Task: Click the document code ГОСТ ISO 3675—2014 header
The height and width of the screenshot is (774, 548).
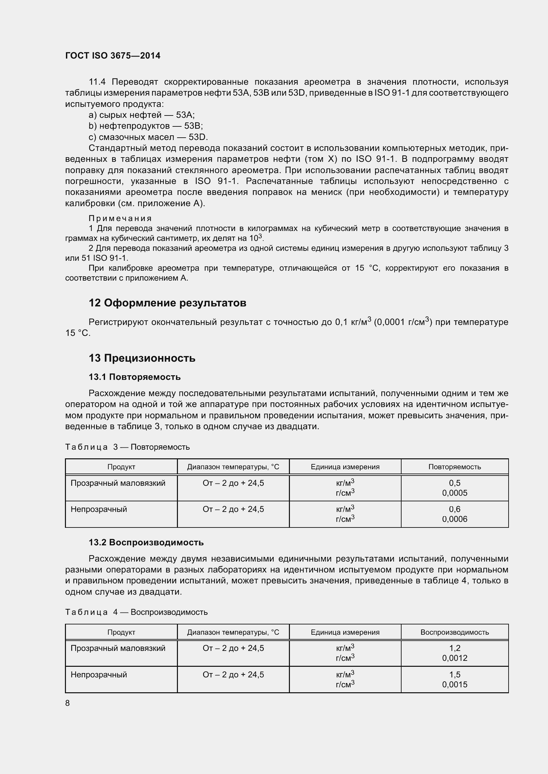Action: (113, 56)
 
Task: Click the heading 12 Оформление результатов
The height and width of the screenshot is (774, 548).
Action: (167, 303)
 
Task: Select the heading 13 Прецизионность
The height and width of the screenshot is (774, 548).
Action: (142, 358)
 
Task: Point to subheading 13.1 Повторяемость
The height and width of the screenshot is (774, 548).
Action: (135, 377)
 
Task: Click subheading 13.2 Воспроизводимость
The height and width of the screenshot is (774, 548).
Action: (146, 542)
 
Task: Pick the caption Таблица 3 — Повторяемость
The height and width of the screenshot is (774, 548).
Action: (127, 447)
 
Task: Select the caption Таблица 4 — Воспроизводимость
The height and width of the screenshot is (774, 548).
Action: (136, 612)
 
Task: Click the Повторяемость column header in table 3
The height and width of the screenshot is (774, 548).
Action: (455, 467)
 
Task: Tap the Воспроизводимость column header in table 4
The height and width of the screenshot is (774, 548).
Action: (455, 632)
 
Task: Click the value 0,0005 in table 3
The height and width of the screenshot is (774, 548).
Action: (455, 493)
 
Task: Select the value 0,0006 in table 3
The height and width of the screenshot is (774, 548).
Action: (455, 519)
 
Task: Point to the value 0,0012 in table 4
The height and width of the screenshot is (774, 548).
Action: (455, 658)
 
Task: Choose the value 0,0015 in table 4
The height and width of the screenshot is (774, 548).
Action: (455, 684)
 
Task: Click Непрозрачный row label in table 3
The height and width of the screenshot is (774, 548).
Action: (99, 509)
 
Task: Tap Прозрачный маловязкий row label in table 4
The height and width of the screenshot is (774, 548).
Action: (118, 648)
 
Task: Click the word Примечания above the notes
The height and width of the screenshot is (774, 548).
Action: (120, 218)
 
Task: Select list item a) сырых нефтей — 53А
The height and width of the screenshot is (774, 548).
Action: (142, 115)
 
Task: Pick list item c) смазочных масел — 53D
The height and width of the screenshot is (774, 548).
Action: (148, 137)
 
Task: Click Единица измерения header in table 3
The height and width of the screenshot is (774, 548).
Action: (345, 467)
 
